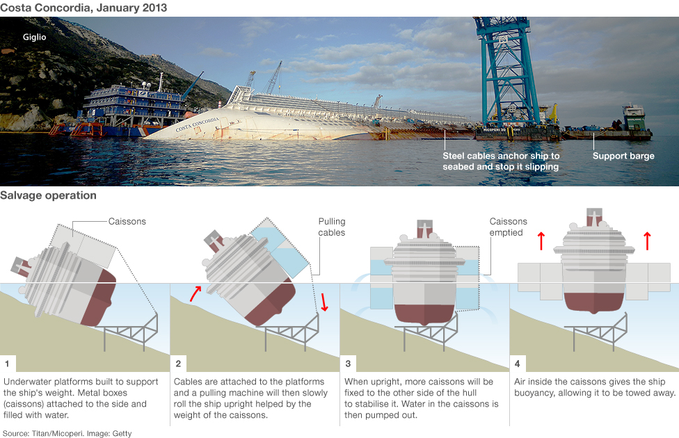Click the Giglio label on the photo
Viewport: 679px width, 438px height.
(34, 37)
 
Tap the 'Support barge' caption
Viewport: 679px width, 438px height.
(623, 156)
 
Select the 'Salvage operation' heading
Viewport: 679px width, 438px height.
(48, 195)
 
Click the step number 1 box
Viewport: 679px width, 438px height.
(8, 364)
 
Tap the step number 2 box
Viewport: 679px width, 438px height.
(178, 364)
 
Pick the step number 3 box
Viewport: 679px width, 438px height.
(348, 364)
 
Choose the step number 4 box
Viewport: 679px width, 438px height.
(518, 364)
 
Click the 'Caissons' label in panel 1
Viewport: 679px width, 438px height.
(127, 222)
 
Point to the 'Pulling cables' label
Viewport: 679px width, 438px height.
(331, 227)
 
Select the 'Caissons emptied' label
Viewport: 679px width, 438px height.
(508, 227)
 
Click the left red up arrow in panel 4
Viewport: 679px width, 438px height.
(541, 241)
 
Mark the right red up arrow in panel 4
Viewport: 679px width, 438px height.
(647, 241)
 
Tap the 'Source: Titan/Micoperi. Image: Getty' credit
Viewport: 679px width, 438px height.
(67, 432)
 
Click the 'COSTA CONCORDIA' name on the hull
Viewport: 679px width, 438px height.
(197, 124)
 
